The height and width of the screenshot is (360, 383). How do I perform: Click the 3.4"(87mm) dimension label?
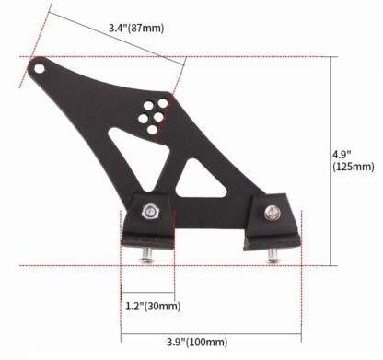coord(136,29)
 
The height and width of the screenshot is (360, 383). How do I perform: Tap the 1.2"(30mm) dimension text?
coord(153,306)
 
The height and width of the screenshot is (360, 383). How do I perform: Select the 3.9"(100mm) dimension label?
coord(197,342)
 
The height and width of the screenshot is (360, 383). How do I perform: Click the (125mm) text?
coord(354,167)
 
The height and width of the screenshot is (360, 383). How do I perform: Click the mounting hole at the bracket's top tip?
coord(40,68)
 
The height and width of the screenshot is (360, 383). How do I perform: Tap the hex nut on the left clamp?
coord(150,211)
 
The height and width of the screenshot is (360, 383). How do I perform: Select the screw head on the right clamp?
coord(273,213)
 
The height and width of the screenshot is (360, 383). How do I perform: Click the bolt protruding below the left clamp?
coord(146,255)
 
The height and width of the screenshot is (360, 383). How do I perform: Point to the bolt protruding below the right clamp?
coord(273,256)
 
